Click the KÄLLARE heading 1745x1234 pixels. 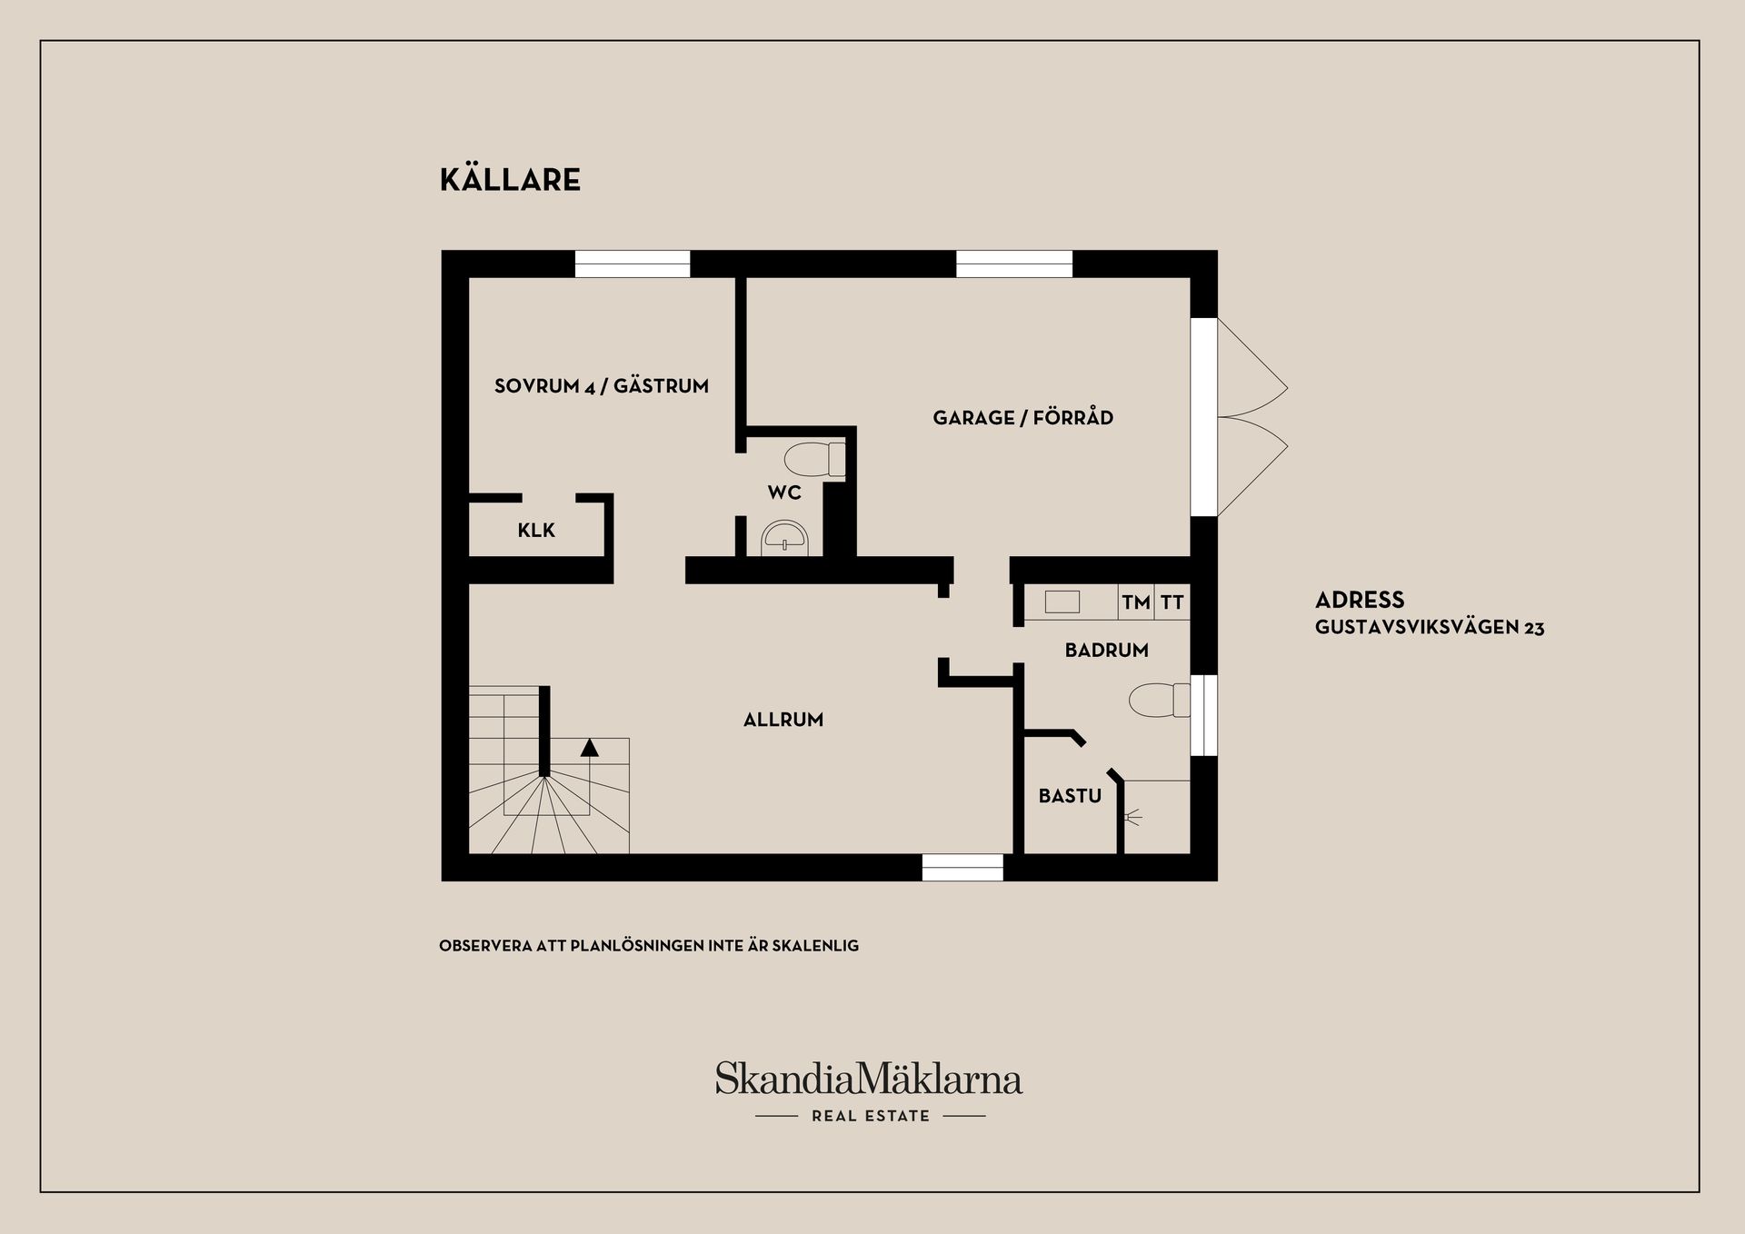(510, 180)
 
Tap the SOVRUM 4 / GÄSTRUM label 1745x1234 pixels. (601, 386)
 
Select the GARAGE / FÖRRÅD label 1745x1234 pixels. (1022, 418)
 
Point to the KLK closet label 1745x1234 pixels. (536, 531)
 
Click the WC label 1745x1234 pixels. (784, 493)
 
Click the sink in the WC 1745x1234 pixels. (783, 538)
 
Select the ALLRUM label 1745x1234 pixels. (783, 720)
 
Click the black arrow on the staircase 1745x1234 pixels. (590, 748)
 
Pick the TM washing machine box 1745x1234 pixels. (1136, 602)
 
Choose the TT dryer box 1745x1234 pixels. (1172, 602)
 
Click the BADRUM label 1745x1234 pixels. (1106, 651)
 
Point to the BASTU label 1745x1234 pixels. (1070, 796)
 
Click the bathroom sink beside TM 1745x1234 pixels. (1062, 602)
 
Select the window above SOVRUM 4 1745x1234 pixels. (633, 264)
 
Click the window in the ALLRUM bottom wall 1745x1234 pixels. (962, 868)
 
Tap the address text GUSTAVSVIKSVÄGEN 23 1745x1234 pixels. (1429, 628)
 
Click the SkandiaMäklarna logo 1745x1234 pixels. (868, 1080)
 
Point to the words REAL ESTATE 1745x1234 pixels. (871, 1116)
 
